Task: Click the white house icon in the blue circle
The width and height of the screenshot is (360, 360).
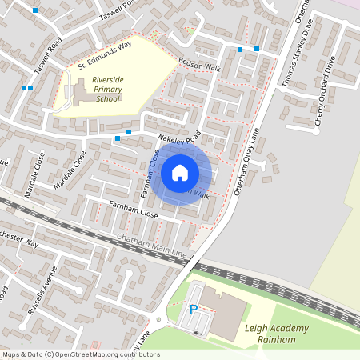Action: coord(180,173)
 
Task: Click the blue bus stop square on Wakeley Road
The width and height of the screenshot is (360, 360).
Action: coord(117,138)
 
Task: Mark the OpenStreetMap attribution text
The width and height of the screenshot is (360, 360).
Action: coord(80,354)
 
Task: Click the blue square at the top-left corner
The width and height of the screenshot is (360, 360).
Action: coord(35,10)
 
